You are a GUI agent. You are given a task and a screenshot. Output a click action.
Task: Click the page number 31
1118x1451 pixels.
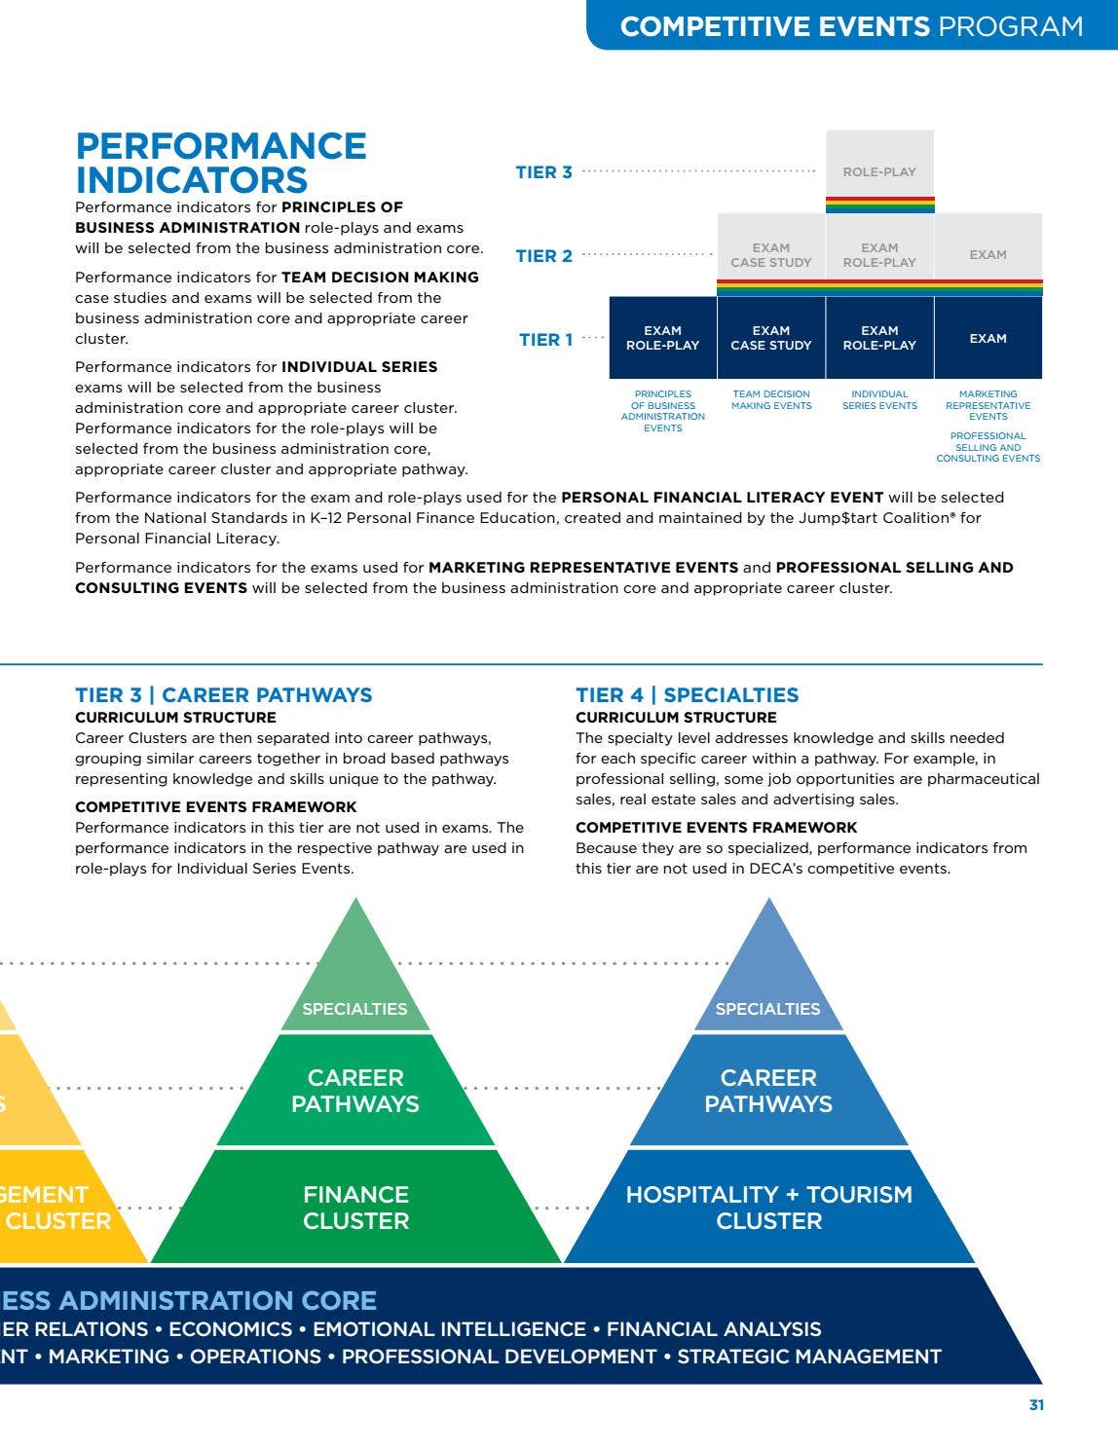(1036, 1404)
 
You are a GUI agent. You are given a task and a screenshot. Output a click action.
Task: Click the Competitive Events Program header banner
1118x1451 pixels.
(851, 25)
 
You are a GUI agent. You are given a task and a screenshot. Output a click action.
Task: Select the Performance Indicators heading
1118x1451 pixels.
(221, 164)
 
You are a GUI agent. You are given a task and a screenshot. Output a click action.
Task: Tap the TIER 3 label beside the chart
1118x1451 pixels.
(543, 172)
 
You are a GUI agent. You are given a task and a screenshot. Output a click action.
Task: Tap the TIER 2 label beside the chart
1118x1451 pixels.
(543, 256)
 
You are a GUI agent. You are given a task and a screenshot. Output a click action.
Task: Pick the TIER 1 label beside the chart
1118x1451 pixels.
(545, 340)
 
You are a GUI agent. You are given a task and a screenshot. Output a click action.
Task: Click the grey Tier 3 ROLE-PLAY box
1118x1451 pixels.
(879, 171)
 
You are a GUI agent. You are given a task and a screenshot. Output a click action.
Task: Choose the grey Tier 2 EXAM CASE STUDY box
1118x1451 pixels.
(771, 255)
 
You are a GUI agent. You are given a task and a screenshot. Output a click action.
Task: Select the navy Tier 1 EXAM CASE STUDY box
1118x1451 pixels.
(771, 338)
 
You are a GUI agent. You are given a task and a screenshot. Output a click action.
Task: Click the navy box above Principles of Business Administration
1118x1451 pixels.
(662, 338)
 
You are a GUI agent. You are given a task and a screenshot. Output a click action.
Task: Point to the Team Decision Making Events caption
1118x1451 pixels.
(771, 400)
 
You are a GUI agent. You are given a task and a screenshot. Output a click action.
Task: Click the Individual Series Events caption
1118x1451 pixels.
(879, 400)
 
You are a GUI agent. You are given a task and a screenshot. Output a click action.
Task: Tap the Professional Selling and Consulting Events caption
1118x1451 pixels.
(988, 447)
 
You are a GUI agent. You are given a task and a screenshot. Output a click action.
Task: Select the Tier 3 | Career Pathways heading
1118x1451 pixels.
(223, 695)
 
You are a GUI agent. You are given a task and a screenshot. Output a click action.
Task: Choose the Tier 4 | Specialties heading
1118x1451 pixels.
(687, 695)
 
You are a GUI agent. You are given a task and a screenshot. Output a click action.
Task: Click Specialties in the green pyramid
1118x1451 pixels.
(354, 1009)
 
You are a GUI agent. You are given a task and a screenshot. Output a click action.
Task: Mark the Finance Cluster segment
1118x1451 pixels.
(355, 1208)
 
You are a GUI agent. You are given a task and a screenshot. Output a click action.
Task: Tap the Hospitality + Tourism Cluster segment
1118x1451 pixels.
(768, 1208)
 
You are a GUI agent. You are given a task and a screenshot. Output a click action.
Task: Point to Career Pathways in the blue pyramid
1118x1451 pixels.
(768, 1091)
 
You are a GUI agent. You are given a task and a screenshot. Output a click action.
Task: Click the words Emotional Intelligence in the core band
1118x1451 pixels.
(449, 1329)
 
